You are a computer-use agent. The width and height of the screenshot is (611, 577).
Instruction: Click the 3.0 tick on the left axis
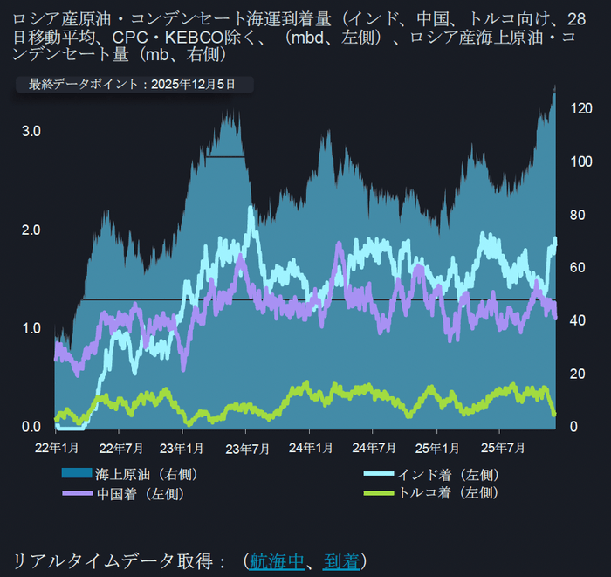pyautogui.click(x=31, y=131)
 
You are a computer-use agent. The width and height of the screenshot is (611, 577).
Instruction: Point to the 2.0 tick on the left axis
pyautogui.click(x=31, y=230)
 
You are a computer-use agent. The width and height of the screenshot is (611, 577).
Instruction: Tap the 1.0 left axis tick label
pyautogui.click(x=31, y=328)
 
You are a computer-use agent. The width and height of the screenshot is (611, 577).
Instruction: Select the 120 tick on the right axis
pyautogui.click(x=579, y=109)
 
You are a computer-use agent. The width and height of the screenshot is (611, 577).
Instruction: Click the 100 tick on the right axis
pyautogui.click(x=579, y=162)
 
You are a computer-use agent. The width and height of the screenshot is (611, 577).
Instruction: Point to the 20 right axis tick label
pyautogui.click(x=576, y=374)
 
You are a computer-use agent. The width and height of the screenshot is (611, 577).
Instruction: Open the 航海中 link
pyautogui.click(x=277, y=560)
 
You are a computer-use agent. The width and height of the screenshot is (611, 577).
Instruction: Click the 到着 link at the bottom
pyautogui.click(x=340, y=560)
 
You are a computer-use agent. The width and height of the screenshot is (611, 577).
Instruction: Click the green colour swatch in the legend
pyautogui.click(x=375, y=493)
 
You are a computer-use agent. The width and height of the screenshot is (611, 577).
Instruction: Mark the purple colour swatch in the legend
pyautogui.click(x=75, y=493)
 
